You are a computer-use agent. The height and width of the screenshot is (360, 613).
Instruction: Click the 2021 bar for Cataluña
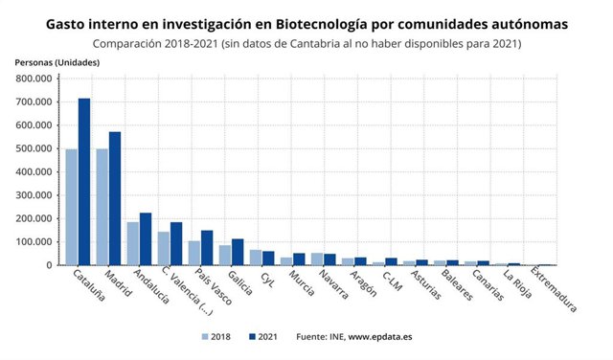coord(84,182)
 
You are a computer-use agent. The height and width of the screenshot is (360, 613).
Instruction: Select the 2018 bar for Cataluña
coord(72,207)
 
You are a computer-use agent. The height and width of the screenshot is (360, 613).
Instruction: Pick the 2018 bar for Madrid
coord(102,207)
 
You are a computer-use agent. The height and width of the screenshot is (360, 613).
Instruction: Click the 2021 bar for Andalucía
coord(146,239)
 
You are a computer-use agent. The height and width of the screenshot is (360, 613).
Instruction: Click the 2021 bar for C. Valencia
coord(176,243)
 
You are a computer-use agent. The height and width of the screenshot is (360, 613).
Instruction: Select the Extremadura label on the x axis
coord(553,289)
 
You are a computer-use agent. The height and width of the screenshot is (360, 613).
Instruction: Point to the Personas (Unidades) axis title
coord(57,62)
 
